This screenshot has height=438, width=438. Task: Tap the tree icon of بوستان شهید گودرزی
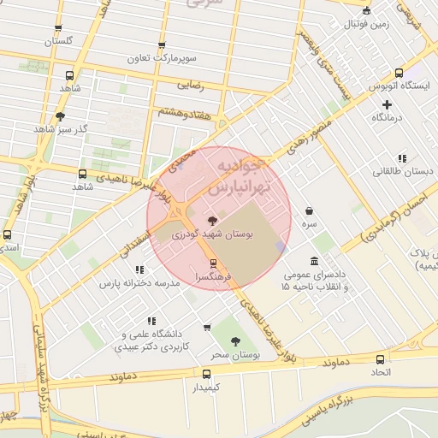click(212, 220)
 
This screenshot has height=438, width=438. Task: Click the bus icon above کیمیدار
click(206, 374)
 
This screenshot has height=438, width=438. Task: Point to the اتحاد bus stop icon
click(380, 359)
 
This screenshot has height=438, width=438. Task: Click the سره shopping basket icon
click(308, 210)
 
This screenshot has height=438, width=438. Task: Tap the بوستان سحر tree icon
click(234, 341)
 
